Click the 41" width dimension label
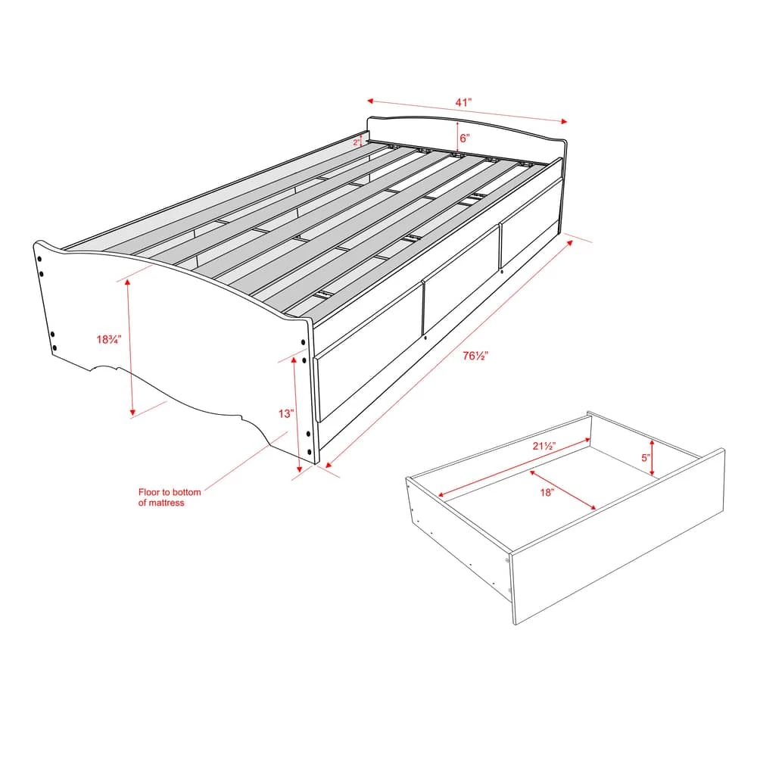[464, 101]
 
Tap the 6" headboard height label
[464, 139]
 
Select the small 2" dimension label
[357, 142]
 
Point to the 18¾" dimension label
[110, 340]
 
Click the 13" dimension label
[285, 413]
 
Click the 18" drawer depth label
[548, 493]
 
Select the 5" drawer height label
[646, 458]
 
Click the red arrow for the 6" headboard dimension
[457, 135]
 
